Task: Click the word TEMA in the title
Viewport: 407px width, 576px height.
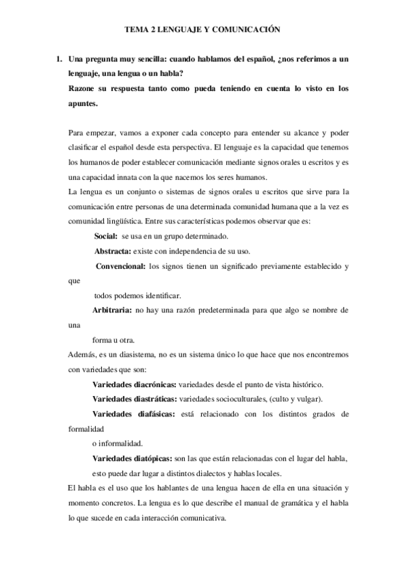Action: (x=138, y=30)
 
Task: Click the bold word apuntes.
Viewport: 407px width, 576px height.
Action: (x=84, y=103)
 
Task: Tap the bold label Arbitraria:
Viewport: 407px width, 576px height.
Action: (x=112, y=310)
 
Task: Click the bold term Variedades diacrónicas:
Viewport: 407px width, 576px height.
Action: (x=134, y=384)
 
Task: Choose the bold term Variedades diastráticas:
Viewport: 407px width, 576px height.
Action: (x=134, y=399)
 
